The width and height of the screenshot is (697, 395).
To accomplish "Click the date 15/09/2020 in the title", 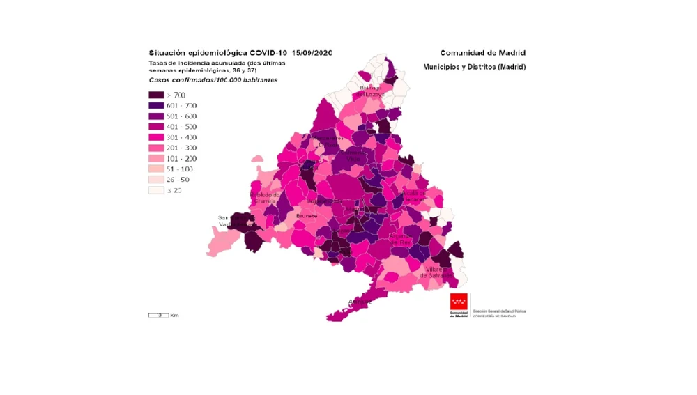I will pyautogui.click(x=312, y=53).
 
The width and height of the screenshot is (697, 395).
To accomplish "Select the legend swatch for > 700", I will pyautogui.click(x=155, y=95).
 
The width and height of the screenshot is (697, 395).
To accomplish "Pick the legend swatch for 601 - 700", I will pyautogui.click(x=155, y=106).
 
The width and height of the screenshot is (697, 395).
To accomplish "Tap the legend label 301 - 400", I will pyautogui.click(x=183, y=137).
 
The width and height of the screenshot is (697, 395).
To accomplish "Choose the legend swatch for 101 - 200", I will pyautogui.click(x=155, y=159).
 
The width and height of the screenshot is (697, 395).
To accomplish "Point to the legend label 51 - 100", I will pyautogui.click(x=181, y=169).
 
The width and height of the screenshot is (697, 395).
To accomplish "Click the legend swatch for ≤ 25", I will pyautogui.click(x=155, y=190).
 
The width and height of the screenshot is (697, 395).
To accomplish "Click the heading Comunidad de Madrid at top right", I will pyautogui.click(x=482, y=53).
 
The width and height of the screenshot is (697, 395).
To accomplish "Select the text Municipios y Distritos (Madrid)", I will pyautogui.click(x=474, y=67).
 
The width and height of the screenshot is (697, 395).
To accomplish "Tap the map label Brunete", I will pyautogui.click(x=307, y=217).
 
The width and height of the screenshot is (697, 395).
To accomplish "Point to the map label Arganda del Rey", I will pyautogui.click(x=402, y=240).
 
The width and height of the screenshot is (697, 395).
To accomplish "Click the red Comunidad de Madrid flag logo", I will pyautogui.click(x=459, y=302).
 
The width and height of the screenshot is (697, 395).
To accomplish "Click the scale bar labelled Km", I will pyautogui.click(x=163, y=316).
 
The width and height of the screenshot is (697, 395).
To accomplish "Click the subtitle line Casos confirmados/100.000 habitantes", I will pyautogui.click(x=213, y=80).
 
